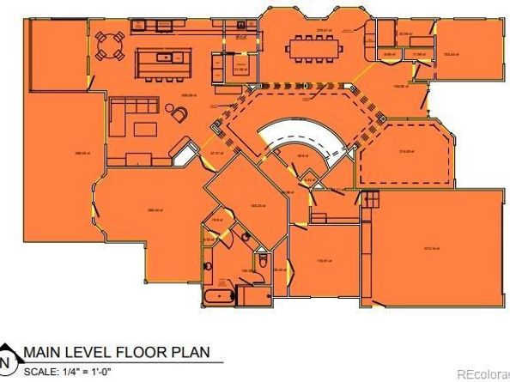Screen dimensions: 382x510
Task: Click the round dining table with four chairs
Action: click(109, 45)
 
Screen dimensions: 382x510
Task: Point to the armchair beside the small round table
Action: click(179, 112)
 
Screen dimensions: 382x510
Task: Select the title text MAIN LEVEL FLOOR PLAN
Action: click(116, 352)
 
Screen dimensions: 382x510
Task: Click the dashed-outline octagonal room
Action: click(405, 155)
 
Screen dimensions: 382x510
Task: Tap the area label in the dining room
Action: click(324, 31)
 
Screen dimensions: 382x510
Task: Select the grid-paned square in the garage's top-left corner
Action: click(370, 199)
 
